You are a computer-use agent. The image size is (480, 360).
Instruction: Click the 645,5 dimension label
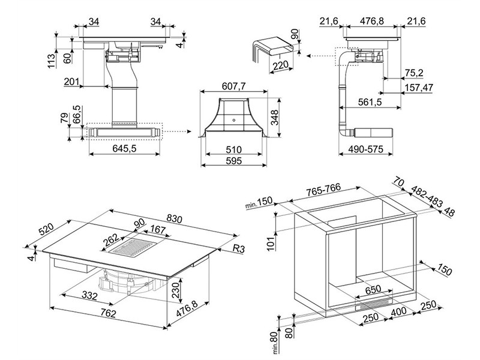pos(124,148)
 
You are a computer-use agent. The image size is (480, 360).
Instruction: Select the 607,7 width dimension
pos(233,86)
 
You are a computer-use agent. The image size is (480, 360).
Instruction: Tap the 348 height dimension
pos(275,118)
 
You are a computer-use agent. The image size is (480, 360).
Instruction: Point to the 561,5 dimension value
pos(370,102)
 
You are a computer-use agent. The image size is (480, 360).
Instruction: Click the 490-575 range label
pos(365,149)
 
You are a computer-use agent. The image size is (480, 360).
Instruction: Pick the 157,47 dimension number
pos(419,88)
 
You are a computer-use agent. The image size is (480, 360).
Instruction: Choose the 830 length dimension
pos(175,218)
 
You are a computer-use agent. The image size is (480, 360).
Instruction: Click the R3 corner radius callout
pos(238,248)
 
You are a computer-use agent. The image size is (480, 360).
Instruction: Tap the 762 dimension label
pos(108,313)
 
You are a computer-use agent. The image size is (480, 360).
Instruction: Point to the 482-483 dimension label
pos(427,196)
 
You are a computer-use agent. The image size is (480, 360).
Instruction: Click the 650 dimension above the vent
pos(373,290)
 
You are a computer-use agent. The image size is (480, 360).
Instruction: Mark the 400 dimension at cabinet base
pos(399,312)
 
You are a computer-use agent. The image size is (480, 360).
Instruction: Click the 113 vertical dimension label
pos(52,61)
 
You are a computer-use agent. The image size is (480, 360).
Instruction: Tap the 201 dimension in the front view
pos(71,82)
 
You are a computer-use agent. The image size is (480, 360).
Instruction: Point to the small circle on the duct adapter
pos(234,120)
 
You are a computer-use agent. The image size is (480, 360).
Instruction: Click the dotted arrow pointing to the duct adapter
pos(176,131)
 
